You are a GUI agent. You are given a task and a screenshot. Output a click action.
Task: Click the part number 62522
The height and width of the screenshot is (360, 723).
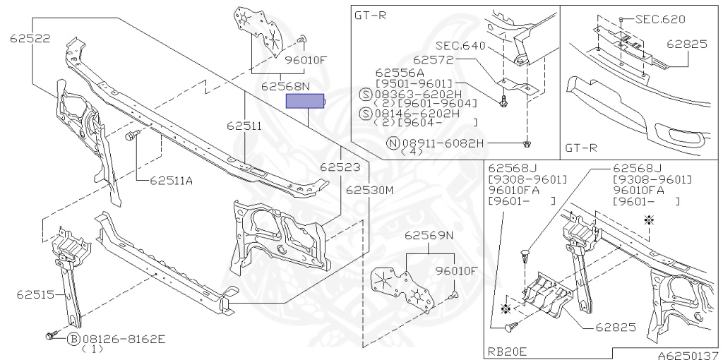(x=30, y=39)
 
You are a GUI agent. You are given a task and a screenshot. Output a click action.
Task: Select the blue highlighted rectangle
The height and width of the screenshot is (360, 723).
(x=305, y=102)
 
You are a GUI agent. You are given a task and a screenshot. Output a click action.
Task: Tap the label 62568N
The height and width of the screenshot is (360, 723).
(x=285, y=87)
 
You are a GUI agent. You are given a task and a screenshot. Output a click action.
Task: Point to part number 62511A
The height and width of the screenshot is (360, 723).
(x=171, y=180)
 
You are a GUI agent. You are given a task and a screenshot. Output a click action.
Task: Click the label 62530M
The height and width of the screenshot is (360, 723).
(x=369, y=190)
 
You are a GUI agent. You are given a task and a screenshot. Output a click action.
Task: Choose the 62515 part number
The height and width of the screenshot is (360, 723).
(x=33, y=293)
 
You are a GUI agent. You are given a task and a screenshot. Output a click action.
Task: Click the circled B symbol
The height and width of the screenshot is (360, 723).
(x=73, y=339)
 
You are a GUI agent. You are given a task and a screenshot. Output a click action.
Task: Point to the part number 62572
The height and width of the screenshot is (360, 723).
(x=433, y=61)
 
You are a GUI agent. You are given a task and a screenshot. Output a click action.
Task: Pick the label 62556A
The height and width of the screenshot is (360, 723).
(x=400, y=72)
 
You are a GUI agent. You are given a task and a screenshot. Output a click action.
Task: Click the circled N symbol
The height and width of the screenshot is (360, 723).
(x=393, y=143)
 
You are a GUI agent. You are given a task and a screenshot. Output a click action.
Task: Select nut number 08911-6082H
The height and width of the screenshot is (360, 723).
(x=441, y=143)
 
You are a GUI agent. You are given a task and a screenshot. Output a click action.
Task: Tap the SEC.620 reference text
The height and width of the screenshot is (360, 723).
(x=660, y=19)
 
